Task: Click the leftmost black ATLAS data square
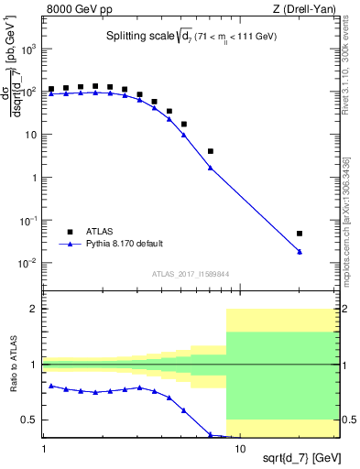[51, 90]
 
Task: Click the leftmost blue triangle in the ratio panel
[51, 386]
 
